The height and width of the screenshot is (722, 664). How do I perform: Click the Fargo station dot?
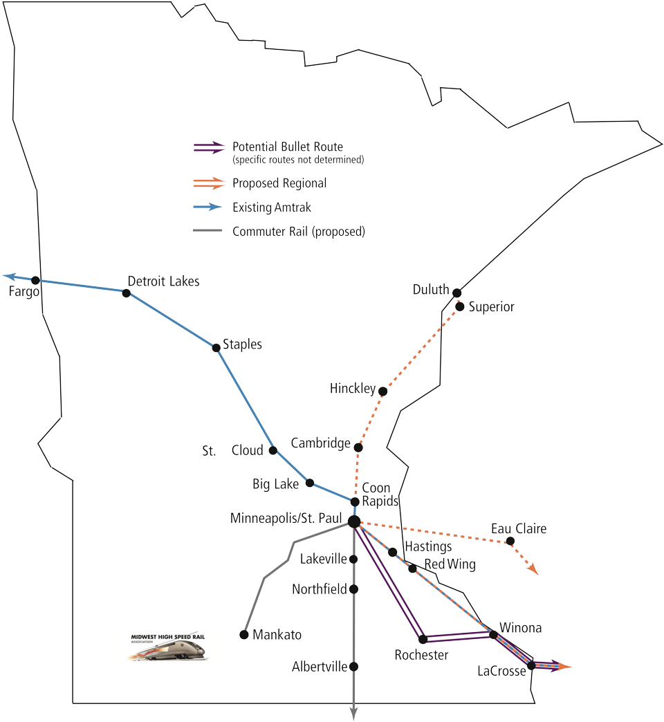coord(36,280)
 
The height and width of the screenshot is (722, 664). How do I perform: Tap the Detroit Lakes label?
coord(163,281)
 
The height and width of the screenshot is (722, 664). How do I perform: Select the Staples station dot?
coord(216,346)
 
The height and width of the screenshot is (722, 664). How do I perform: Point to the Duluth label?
coord(430,290)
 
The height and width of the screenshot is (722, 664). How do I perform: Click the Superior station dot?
coord(459,305)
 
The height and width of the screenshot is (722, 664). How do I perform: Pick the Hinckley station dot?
coord(383,391)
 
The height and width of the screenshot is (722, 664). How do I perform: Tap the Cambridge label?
coord(320,443)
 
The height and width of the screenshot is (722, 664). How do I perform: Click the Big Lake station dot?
coord(310,483)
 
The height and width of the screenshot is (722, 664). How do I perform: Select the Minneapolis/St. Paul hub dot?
coord(353,521)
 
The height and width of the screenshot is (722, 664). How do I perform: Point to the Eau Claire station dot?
coord(510,540)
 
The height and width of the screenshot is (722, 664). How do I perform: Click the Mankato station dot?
coord(243,633)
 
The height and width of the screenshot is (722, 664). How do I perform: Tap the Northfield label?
coord(320,590)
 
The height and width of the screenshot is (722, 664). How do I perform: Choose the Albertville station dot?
coord(354,667)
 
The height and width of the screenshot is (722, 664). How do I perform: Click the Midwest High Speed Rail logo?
coord(167,647)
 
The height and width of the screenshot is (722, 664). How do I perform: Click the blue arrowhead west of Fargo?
coord(8,275)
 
